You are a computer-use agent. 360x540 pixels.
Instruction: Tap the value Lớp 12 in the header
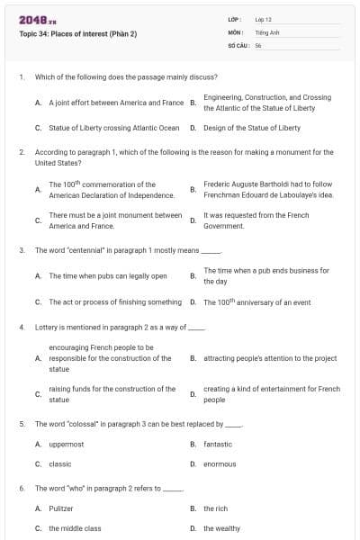263,18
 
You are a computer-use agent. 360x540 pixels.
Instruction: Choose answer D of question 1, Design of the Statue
252,128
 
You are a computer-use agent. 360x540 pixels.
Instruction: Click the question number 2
22,152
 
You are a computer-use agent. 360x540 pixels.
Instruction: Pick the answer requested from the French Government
256,220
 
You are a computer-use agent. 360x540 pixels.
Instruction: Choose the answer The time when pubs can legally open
108,275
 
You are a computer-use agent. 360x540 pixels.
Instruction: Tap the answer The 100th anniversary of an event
257,301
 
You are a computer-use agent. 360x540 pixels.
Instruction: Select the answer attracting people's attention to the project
270,358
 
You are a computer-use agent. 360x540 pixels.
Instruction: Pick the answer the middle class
75,528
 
